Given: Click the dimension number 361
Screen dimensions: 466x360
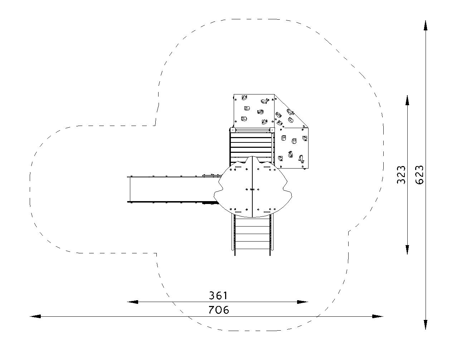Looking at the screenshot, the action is tap(218, 296).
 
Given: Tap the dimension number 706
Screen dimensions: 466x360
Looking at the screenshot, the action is tap(219, 310).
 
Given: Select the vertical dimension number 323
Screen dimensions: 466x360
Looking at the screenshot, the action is tap(401, 175).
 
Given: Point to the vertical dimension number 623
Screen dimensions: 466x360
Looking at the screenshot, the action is tap(419, 175).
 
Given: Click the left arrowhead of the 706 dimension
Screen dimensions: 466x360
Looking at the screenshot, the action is tap(35, 316).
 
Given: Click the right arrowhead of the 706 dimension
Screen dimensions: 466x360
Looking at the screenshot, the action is tap(378, 316).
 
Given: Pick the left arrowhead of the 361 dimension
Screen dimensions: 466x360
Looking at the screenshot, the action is tap(132, 302).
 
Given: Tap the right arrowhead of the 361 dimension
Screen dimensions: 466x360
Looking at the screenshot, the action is tap(302, 302).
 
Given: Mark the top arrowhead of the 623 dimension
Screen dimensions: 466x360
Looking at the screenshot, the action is tap(426, 26).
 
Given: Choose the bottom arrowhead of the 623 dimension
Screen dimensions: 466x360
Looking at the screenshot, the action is tap(426, 324).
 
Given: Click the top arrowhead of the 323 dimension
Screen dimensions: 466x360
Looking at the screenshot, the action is tap(407, 101).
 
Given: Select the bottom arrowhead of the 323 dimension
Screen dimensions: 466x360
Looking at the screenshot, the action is tap(407, 249).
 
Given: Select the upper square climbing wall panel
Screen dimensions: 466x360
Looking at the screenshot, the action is tap(254, 111).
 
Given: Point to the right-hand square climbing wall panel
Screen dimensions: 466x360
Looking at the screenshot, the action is tap(292, 148).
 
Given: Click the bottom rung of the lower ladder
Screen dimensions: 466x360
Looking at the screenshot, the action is tap(252, 249).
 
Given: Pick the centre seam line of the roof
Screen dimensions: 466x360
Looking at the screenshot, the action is tap(252, 187).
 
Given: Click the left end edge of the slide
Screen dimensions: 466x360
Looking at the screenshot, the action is tap(130, 189).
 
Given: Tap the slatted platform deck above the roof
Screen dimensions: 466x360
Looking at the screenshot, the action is tap(252, 145).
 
